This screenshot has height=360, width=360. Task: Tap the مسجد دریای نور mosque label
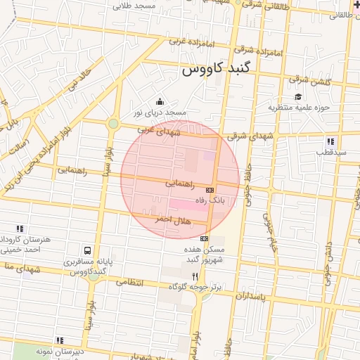pyautogui.click(x=160, y=112)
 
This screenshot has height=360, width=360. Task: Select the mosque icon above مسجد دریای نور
pyautogui.click(x=160, y=101)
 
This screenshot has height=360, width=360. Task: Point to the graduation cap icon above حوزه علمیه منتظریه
pyautogui.click(x=298, y=96)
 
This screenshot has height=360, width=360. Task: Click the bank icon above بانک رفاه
pyautogui.click(x=210, y=190)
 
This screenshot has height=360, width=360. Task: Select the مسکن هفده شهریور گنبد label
pyautogui.click(x=204, y=255)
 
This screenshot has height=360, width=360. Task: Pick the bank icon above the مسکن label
pyautogui.click(x=204, y=238)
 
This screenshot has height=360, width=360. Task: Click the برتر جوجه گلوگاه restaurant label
pyautogui.click(x=194, y=287)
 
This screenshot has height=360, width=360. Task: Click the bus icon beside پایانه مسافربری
pyautogui.click(x=87, y=250)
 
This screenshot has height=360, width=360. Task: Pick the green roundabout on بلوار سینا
pyautogui.click(x=113, y=124)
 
